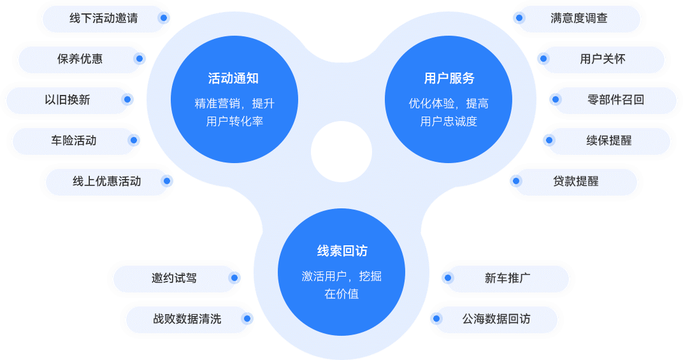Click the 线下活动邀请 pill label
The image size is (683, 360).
(103, 18)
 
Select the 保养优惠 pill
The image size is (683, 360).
(80, 59)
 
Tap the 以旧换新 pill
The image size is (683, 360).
(67, 100)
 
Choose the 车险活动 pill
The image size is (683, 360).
(73, 141)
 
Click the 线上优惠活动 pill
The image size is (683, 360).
(106, 182)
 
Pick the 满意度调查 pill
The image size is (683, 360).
(579, 18)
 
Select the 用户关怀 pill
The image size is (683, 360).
(602, 59)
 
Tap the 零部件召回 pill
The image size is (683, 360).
(615, 100)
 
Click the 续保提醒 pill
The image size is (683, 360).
(608, 141)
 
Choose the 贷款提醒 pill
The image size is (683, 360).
(575, 182)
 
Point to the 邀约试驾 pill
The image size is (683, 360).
(174, 278)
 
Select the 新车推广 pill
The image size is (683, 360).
(507, 278)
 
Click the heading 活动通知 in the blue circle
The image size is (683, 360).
(233, 79)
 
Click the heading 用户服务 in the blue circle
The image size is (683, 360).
(449, 79)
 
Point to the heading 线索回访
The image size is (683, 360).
(341, 251)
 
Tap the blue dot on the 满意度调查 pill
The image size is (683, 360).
(520, 18)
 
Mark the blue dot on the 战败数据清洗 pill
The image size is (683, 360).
(247, 319)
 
